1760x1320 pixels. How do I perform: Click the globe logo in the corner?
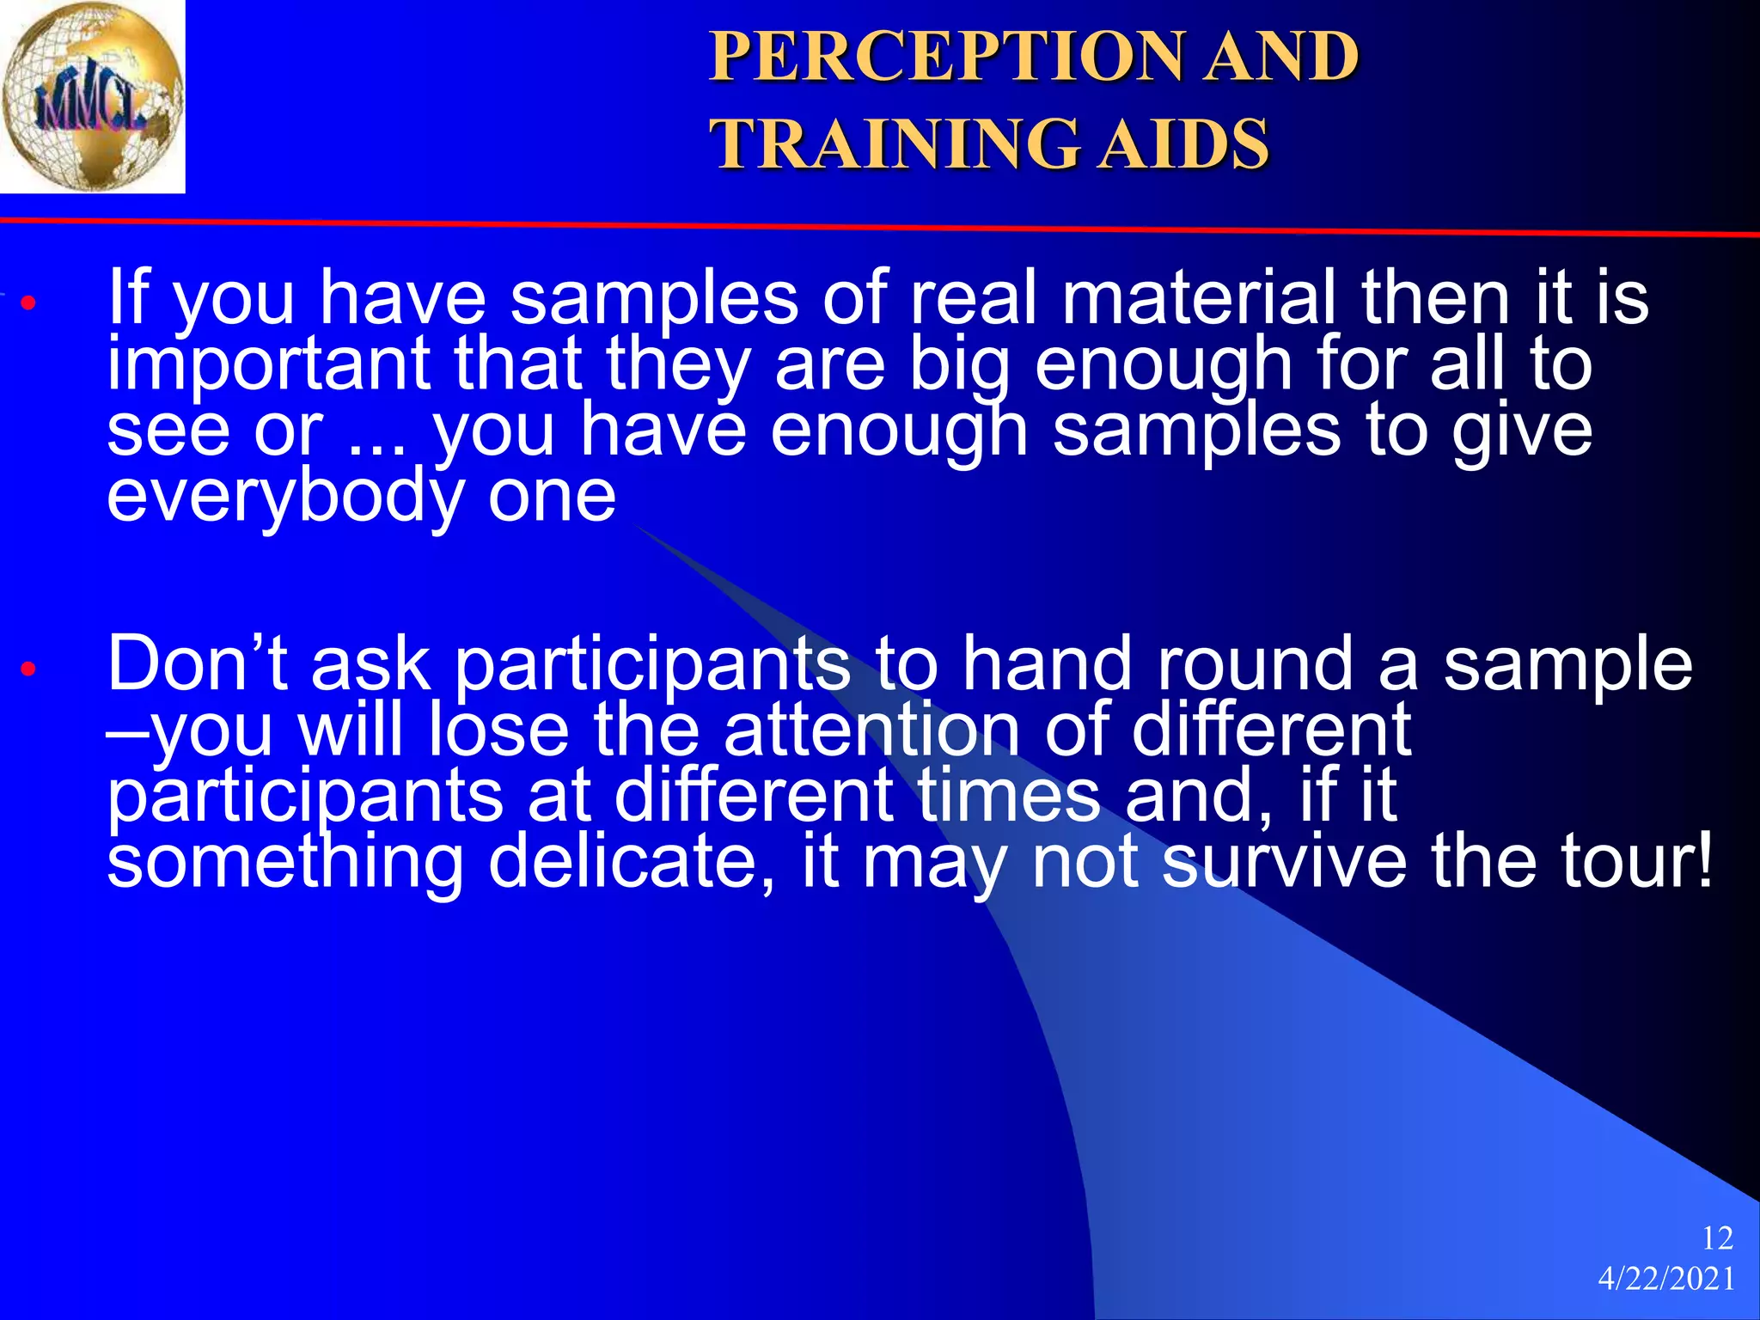(x=92, y=95)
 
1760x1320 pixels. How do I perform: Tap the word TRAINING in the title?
(x=894, y=144)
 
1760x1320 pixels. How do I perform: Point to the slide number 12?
(x=1717, y=1238)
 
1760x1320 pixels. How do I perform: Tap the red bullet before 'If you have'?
(x=28, y=303)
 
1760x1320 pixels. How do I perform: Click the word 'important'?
(x=268, y=365)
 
